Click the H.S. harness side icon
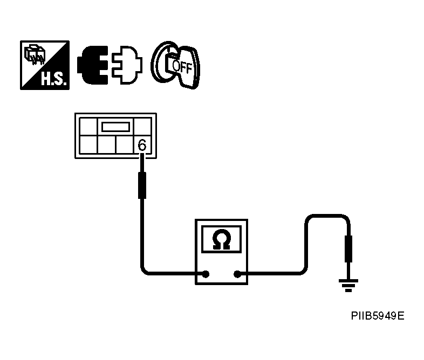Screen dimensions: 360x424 45,64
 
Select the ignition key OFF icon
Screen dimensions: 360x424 175,65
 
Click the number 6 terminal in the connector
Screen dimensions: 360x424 142,145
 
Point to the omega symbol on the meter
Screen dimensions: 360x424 221,239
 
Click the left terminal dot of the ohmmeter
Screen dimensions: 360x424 206,274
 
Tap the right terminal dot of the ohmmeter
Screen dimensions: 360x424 236,274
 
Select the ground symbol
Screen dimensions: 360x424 348,284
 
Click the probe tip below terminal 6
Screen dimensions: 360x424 142,184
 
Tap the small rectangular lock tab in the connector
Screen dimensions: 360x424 115,127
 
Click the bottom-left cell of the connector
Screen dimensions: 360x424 88,146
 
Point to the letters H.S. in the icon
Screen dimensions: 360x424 53,80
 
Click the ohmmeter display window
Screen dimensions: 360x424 221,239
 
